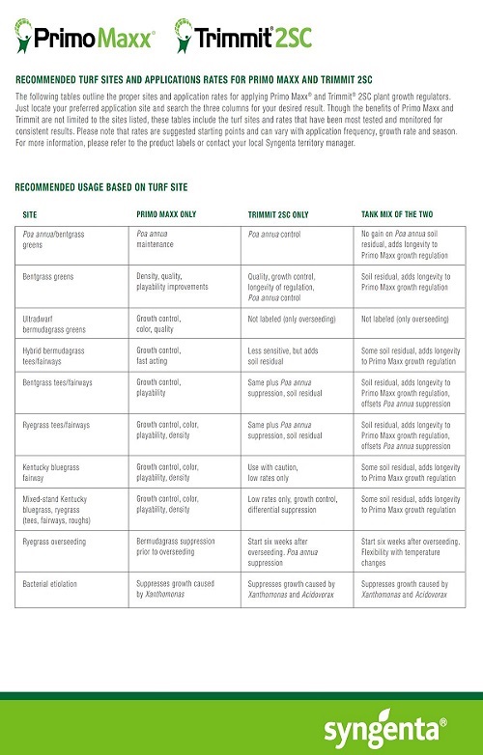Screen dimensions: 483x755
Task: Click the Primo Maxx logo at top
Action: point(86,39)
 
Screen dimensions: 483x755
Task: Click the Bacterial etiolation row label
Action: point(54,584)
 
